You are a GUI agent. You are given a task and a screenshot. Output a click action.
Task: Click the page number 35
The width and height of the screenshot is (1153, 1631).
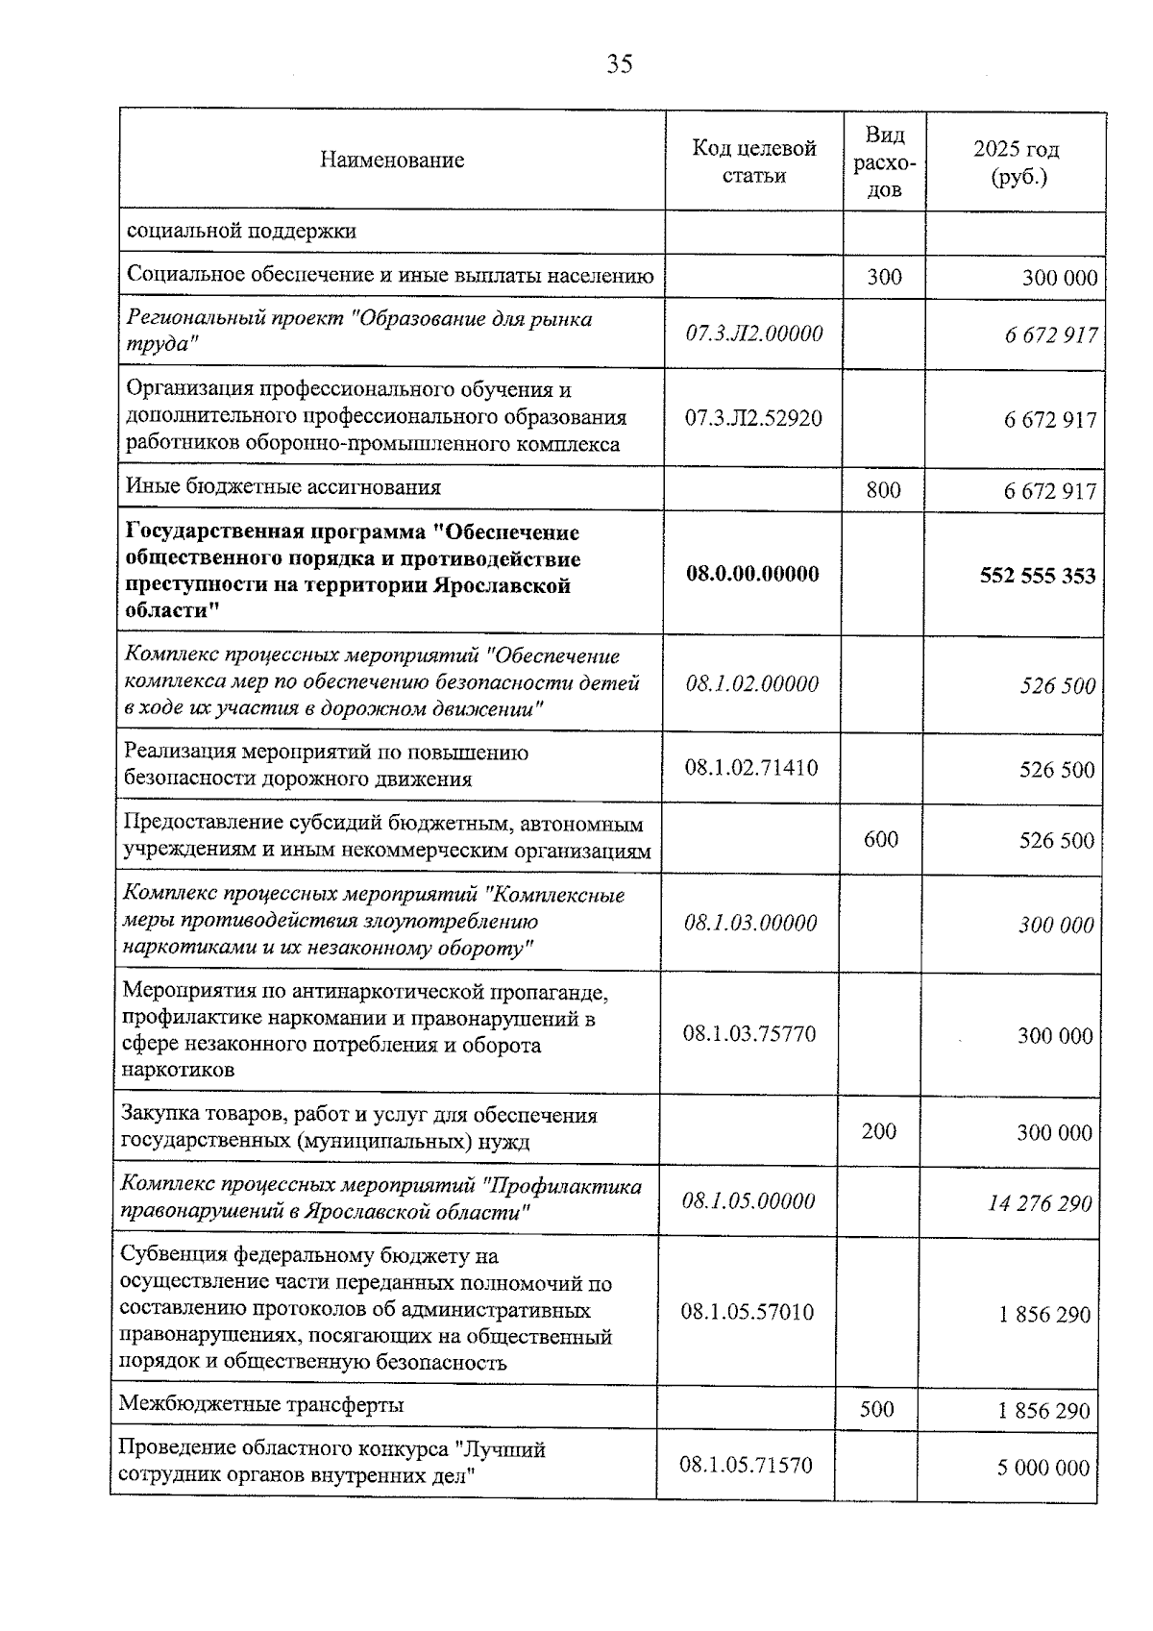click(x=619, y=64)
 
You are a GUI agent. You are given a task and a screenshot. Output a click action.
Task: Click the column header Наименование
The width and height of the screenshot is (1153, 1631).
click(x=392, y=161)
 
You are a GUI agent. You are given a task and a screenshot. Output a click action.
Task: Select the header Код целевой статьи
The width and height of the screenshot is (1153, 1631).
click(x=754, y=161)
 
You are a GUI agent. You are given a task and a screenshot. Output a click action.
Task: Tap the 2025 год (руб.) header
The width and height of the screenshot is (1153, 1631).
click(x=1016, y=162)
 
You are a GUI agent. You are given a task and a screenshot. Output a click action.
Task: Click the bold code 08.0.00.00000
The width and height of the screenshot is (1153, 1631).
click(x=752, y=574)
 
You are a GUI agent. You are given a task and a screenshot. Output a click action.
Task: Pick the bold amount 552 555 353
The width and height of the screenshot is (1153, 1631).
click(x=1037, y=575)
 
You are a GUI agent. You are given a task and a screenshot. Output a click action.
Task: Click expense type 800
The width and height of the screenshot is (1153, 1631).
click(x=883, y=490)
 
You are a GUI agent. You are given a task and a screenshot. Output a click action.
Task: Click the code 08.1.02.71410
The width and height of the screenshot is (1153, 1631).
click(x=751, y=767)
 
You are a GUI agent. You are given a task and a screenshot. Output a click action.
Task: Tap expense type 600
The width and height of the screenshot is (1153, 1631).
click(x=881, y=839)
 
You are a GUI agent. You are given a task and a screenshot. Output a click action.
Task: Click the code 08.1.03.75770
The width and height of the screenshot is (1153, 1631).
click(x=749, y=1033)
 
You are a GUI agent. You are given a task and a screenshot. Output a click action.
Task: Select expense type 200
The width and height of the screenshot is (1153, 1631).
click(x=879, y=1131)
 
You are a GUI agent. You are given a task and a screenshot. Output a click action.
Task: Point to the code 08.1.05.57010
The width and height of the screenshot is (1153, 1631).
click(x=747, y=1312)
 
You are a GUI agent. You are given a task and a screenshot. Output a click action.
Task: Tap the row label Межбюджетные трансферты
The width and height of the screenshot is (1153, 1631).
click(x=260, y=1404)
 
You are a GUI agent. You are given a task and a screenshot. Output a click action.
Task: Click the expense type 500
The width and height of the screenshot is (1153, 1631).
click(x=876, y=1409)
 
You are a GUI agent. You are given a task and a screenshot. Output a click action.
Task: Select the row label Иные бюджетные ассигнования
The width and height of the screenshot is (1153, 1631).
click(x=283, y=487)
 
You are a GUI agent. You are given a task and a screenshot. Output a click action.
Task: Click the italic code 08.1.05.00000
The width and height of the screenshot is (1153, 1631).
click(x=748, y=1201)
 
